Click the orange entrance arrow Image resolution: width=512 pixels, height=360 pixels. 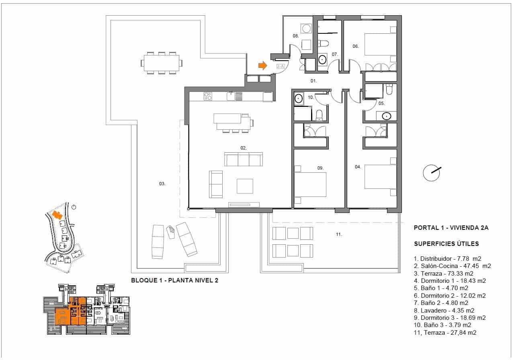coord(262,65)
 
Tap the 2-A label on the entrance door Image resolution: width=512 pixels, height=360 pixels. coord(280,66)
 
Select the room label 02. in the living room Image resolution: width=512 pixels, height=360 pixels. coord(243,148)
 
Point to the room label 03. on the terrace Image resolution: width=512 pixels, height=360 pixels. coord(162,184)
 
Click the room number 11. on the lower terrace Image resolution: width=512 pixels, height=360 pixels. coord(339,234)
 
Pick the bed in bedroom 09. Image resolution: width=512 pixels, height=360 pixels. coord(310,184)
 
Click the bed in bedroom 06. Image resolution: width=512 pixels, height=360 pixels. coord(380,44)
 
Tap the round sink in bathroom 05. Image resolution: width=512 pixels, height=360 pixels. coord(386,117)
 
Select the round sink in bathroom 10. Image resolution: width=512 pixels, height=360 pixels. coord(299,98)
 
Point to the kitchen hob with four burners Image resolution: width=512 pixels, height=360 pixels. coord(208,96)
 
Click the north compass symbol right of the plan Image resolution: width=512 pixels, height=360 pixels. coord(432,173)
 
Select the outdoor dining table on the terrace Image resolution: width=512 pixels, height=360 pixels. coord(161,63)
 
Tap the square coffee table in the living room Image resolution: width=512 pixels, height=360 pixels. coord(245,186)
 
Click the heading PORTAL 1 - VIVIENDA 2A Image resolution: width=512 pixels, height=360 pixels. coord(451,228)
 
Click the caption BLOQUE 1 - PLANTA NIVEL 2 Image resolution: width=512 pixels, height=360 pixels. coord(174,280)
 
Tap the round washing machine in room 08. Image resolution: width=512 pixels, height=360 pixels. coord(307,29)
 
